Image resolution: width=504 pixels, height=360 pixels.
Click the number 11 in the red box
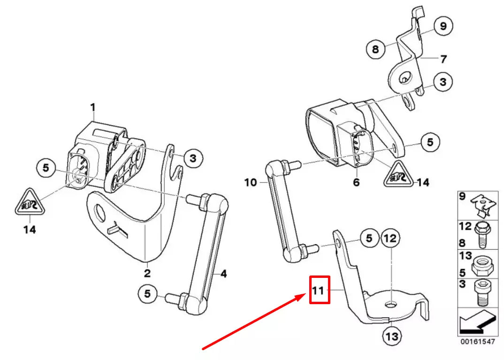319,290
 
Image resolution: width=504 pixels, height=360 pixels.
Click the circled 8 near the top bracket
375,49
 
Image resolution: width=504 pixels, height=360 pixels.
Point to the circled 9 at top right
443,26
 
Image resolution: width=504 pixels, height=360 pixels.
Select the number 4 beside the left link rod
223,273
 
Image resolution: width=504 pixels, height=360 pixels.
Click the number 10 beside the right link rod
251,182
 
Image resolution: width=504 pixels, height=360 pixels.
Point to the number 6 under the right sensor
356,182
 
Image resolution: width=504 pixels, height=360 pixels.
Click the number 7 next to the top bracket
443,59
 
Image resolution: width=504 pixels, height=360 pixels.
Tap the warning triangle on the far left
29,204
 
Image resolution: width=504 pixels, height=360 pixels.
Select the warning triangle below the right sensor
397,176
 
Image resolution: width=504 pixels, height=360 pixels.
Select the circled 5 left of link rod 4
147,294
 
